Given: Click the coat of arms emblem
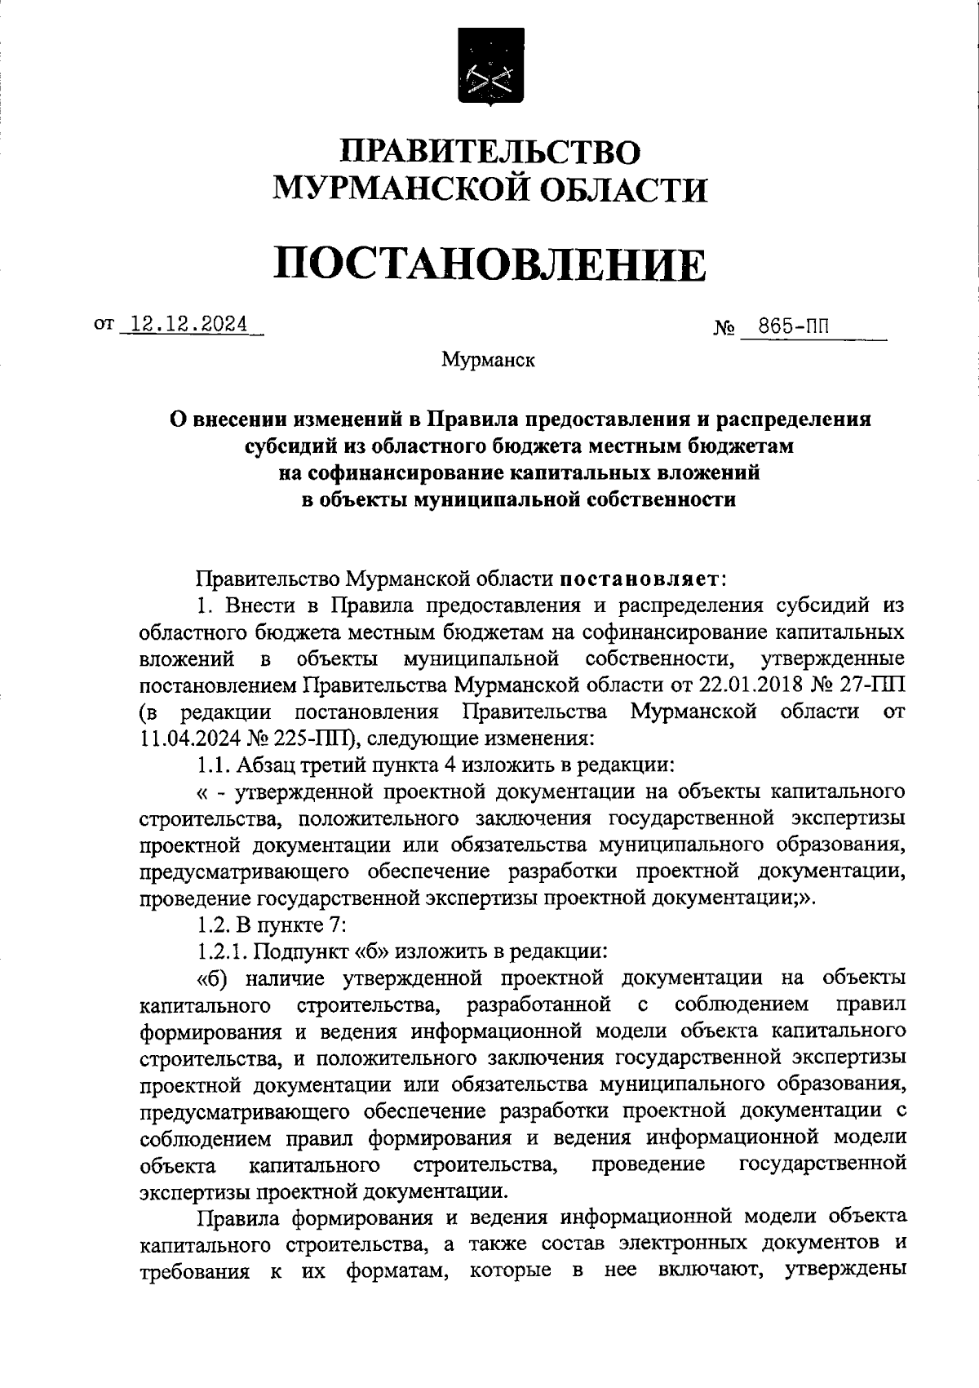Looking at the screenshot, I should [x=490, y=74].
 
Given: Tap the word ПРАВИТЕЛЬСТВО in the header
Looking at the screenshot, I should [x=489, y=153].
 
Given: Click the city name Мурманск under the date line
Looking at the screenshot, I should [x=488, y=360].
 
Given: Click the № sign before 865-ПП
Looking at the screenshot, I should [x=725, y=330].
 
